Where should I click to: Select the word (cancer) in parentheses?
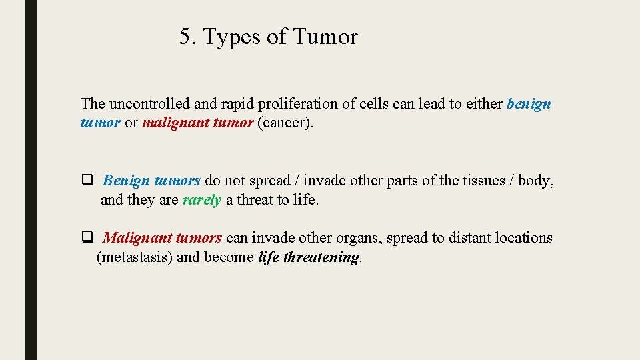pos(285,123)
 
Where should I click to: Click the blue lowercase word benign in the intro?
pos(529,105)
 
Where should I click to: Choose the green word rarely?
pos(201,200)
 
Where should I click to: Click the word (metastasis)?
pos(135,257)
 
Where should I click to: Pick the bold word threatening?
pos(321,257)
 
